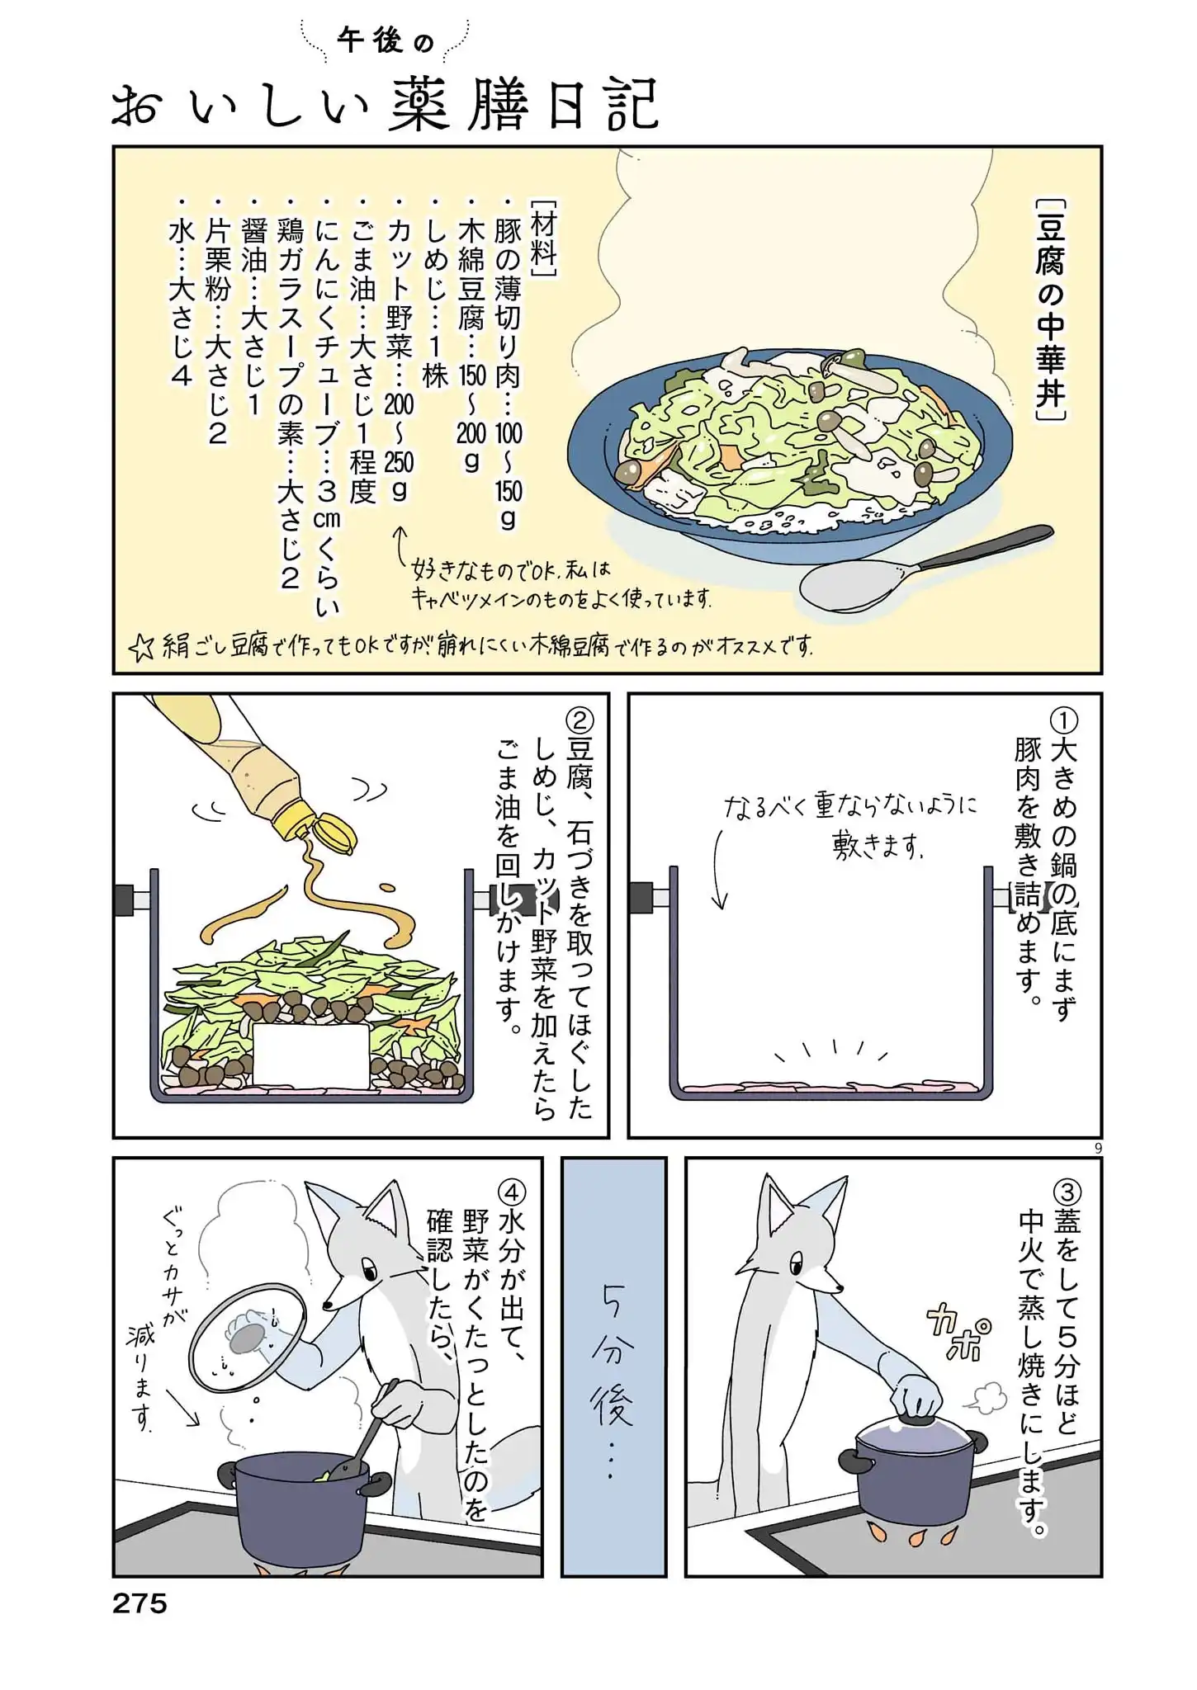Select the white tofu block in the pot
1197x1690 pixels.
310,1056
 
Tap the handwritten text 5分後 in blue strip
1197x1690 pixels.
613,1361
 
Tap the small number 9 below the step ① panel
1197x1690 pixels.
1097,1147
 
